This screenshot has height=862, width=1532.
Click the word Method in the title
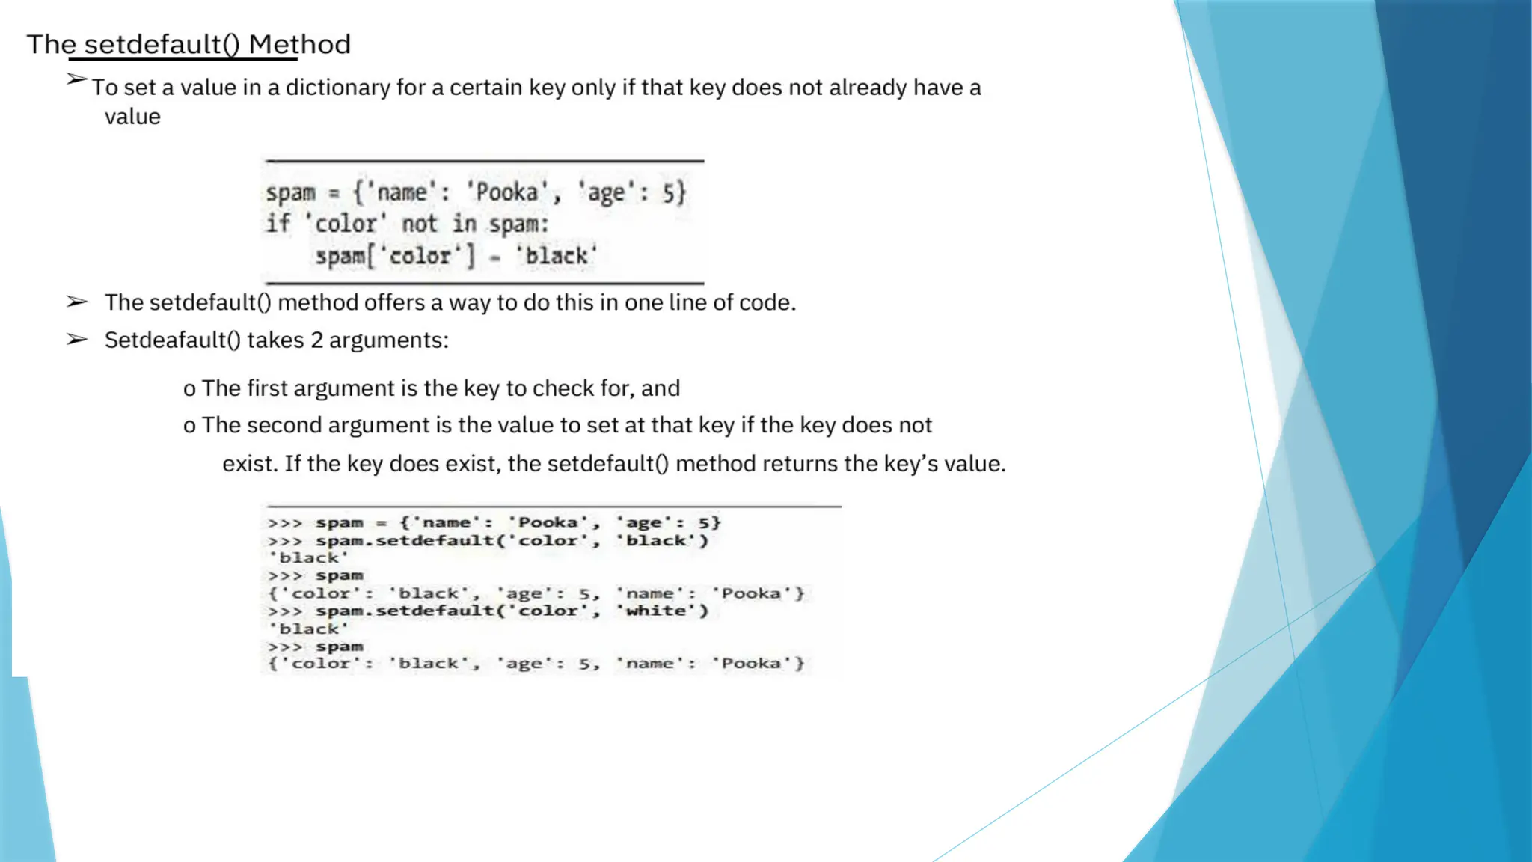[x=299, y=44]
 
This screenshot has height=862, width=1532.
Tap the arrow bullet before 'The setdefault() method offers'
[x=76, y=302]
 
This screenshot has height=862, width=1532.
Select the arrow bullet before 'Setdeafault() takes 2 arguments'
[x=76, y=340]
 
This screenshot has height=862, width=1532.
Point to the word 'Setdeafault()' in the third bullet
[x=172, y=340]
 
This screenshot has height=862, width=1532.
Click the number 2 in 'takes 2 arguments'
[x=316, y=340]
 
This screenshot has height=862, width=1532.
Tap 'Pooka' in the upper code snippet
[x=507, y=192]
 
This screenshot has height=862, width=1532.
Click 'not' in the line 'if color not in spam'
[x=419, y=224]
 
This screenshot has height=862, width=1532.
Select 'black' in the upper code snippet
[x=556, y=256]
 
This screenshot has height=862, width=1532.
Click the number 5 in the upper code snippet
[x=669, y=193]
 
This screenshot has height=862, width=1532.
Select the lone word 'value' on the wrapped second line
[x=132, y=117]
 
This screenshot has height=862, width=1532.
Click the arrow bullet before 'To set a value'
[x=76, y=79]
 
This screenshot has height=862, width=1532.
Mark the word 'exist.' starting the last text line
[x=250, y=464]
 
